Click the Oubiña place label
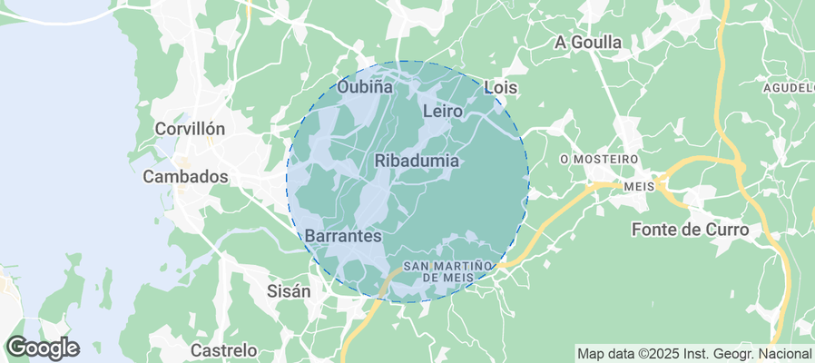pos(365,87)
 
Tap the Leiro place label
pos(443,111)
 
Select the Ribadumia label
pos(417,161)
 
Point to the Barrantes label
pos(343,235)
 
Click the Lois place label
pos(501,87)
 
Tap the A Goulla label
pos(587,43)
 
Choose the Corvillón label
pos(189,129)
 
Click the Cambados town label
pos(185,177)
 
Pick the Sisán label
pos(289,291)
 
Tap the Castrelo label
pos(224,349)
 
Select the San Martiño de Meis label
pos(446,270)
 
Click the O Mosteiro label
pos(599,159)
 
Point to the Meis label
pos(639,185)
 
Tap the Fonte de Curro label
pos(690,230)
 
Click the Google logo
pos(43,347)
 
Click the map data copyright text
pos(694,353)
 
